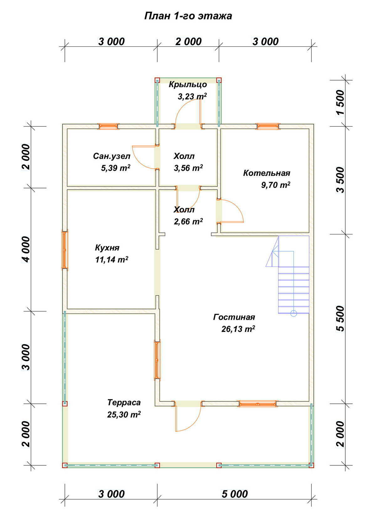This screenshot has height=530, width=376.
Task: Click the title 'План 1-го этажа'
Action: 188,16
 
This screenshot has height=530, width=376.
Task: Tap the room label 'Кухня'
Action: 107,248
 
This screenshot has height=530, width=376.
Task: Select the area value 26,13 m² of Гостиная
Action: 238,329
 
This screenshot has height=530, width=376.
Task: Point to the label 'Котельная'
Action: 267,173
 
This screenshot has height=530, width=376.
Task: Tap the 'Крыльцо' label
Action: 188,85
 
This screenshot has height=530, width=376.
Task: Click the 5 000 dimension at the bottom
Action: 235,494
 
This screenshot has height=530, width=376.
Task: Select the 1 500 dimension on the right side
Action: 341,102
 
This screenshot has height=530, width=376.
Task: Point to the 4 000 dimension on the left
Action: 26,249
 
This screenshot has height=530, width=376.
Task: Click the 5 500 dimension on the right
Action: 341,319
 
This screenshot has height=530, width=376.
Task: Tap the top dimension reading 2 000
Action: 188,42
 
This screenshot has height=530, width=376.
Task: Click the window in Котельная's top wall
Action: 268,126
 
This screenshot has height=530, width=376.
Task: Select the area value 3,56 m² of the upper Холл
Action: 188,168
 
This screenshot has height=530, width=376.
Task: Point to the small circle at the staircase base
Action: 294,313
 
